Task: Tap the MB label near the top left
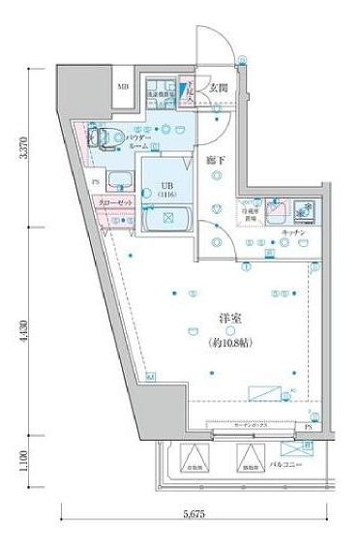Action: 123,88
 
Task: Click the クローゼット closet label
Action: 113,205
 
